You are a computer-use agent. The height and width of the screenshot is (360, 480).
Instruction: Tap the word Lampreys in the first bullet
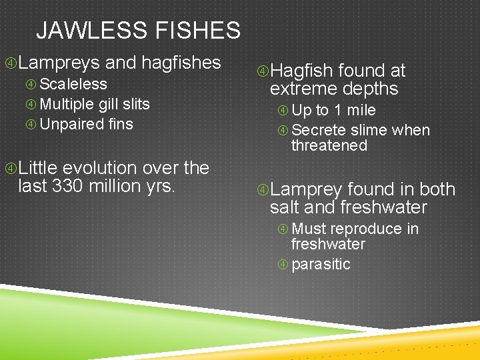tap(59, 63)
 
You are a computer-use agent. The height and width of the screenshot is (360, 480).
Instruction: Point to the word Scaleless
tap(73, 84)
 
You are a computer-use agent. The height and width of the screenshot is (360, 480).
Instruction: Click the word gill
tap(111, 104)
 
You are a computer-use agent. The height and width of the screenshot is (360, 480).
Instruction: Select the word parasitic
tap(321, 264)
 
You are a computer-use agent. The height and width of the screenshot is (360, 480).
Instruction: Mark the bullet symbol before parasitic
tap(283, 265)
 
